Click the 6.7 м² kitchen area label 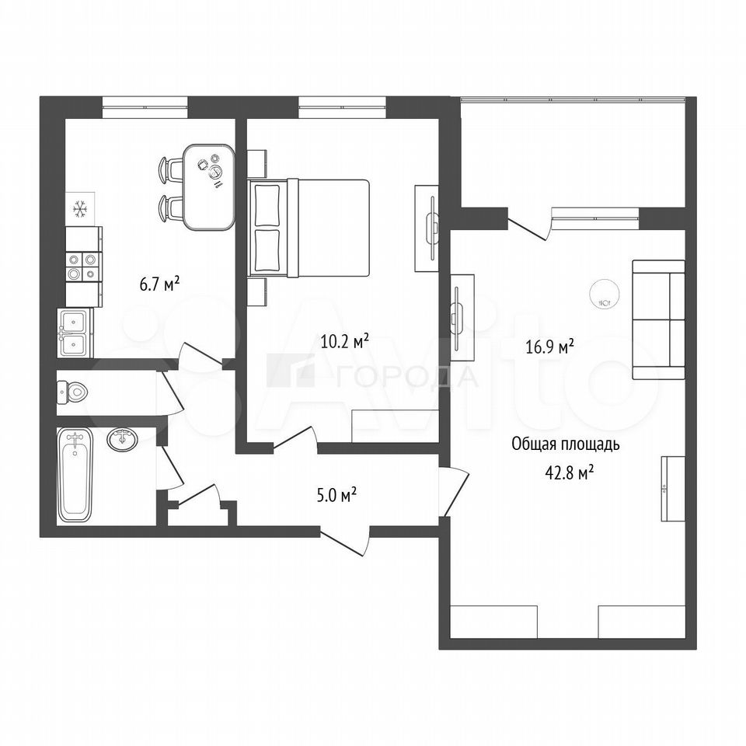[x=159, y=285]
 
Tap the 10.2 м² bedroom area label [x=345, y=341]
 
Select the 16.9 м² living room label [x=549, y=347]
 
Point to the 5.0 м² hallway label [x=336, y=496]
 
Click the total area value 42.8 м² [x=569, y=473]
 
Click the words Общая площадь [x=566, y=444]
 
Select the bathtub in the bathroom [x=75, y=476]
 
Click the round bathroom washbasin [x=123, y=438]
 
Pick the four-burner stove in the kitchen [x=84, y=267]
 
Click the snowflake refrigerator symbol [x=80, y=209]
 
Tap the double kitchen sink [x=75, y=333]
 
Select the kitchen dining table [x=210, y=187]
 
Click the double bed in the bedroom [x=309, y=228]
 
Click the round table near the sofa [x=605, y=295]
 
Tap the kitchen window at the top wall [x=145, y=107]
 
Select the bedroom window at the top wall [x=342, y=107]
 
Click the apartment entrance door [x=345, y=541]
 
